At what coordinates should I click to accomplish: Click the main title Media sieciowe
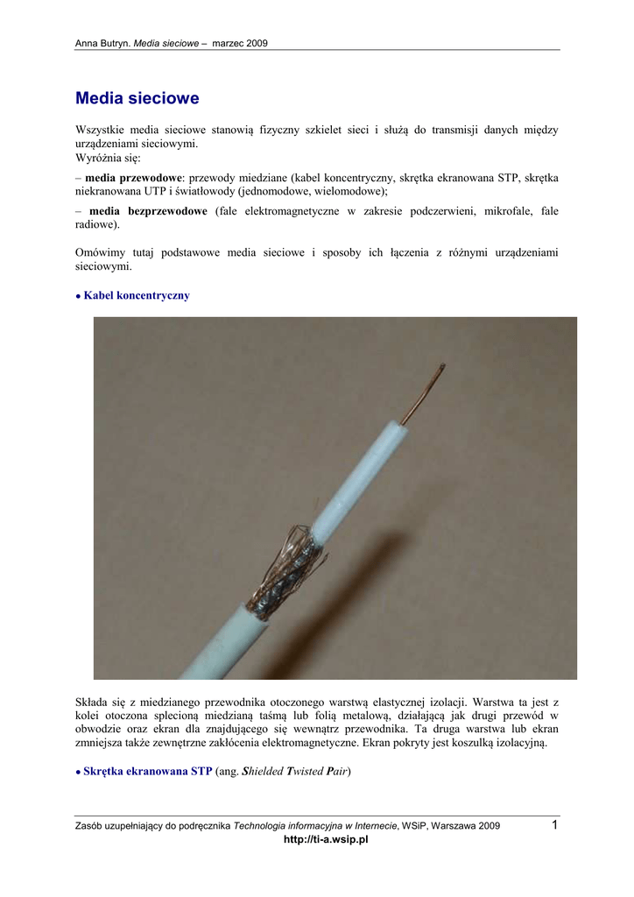pyautogui.click(x=137, y=99)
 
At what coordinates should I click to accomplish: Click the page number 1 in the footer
pyautogui.click(x=555, y=825)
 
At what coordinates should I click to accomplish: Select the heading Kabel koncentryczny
pyautogui.click(x=136, y=296)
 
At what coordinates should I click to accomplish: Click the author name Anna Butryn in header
pyautogui.click(x=102, y=43)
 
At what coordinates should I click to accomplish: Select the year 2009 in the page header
pyautogui.click(x=256, y=43)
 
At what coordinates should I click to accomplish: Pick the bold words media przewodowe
pyautogui.click(x=133, y=177)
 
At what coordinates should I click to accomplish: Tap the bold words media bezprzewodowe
pyautogui.click(x=148, y=211)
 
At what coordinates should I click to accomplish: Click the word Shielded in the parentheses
pyautogui.click(x=263, y=772)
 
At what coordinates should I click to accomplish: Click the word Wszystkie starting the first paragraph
pyautogui.click(x=103, y=130)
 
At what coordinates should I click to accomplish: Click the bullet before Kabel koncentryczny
pyautogui.click(x=78, y=297)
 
